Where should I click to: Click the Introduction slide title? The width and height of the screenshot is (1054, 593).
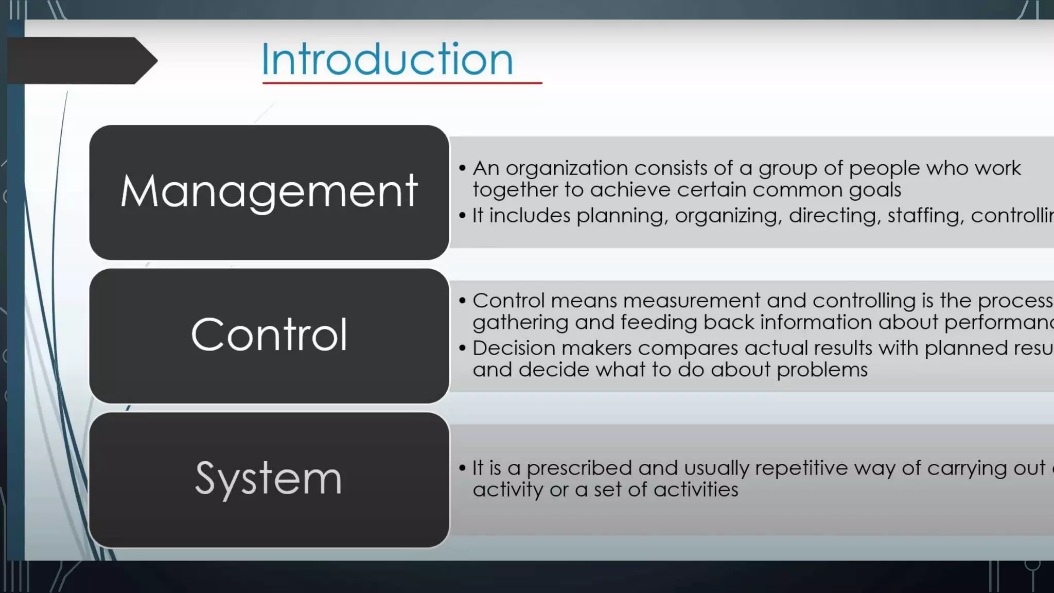387,59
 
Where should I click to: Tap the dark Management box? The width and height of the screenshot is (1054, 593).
269,191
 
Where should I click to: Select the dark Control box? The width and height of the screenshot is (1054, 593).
269,336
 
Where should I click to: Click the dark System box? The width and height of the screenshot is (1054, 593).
269,479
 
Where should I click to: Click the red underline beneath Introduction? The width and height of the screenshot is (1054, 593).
401,82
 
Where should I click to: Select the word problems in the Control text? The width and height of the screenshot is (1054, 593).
822,370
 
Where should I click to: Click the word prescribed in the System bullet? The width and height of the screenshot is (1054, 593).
579,468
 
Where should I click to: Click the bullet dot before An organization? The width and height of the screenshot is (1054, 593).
462,168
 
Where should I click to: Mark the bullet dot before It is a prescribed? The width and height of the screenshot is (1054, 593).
462,468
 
